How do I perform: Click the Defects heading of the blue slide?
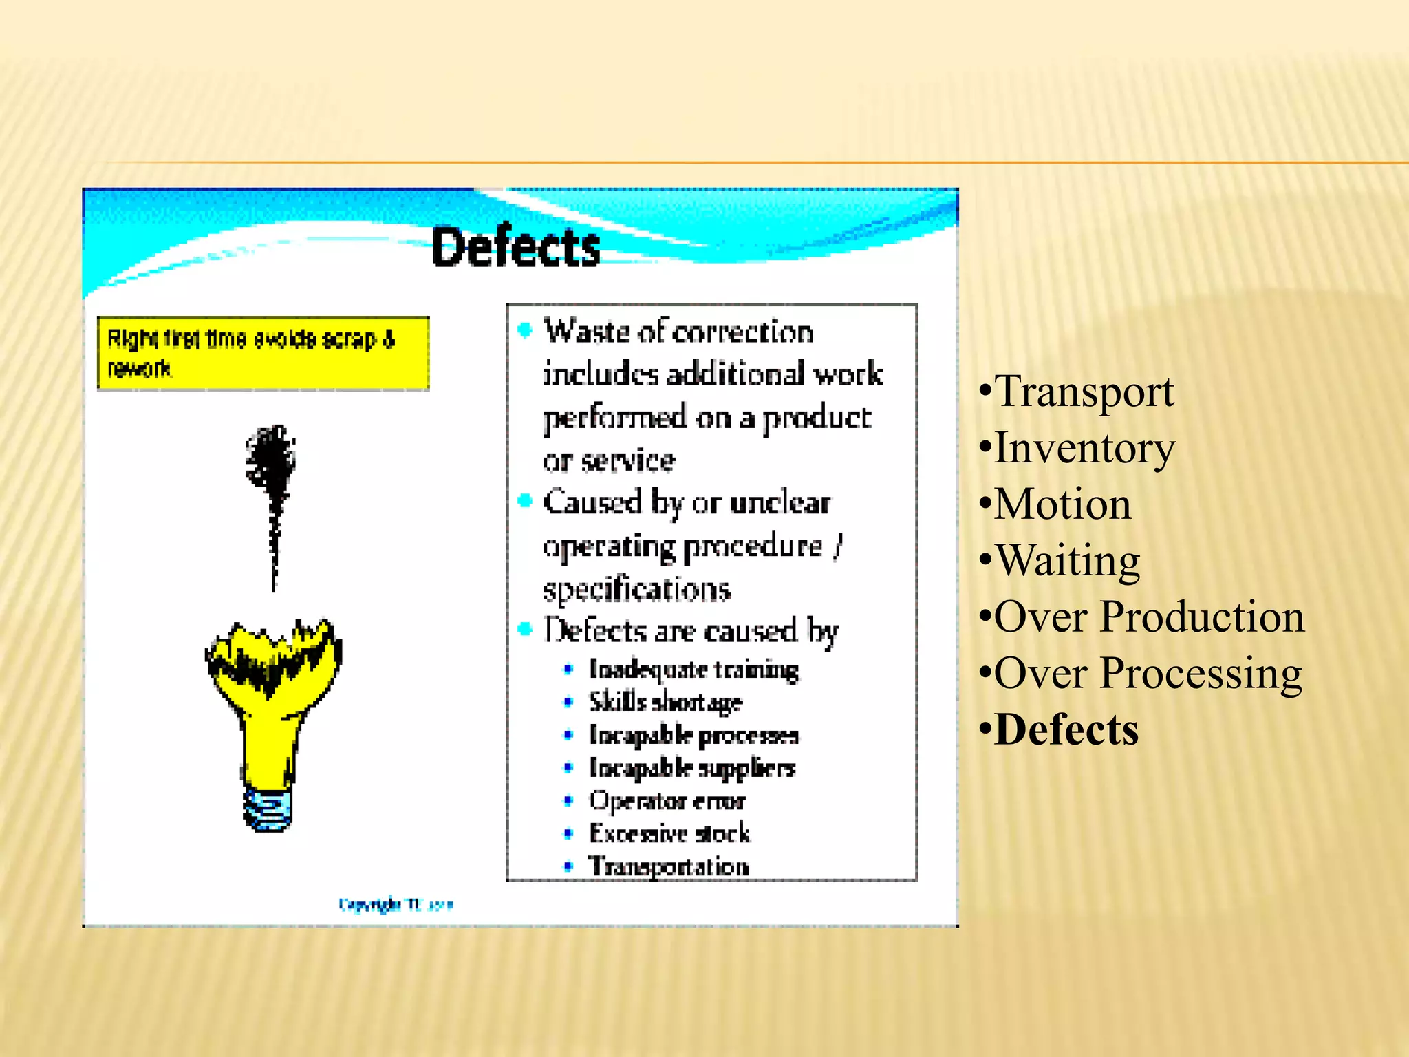point(515,247)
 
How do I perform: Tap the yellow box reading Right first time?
point(263,354)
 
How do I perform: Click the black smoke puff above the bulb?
point(271,458)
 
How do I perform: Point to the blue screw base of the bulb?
point(268,809)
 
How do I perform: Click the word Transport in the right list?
point(1084,392)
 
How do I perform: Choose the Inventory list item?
point(1084,448)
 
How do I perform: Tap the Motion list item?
point(1062,504)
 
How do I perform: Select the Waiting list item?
point(1067,560)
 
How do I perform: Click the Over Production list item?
point(1149,617)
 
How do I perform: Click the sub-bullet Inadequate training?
point(693,670)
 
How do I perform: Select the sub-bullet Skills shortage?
point(665,702)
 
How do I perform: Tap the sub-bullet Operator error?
point(667,801)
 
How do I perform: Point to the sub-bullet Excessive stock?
point(669,833)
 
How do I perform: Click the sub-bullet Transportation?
point(668,866)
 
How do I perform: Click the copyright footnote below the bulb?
point(396,904)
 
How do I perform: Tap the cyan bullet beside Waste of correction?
point(525,331)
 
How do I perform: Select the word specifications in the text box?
point(636,590)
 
